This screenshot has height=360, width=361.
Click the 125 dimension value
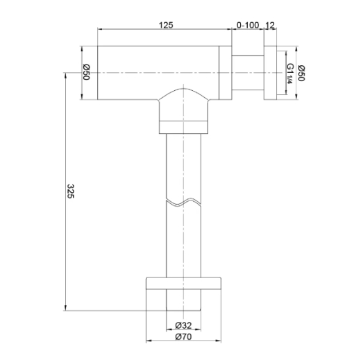[x=166, y=25]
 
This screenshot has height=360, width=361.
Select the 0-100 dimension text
[x=248, y=25]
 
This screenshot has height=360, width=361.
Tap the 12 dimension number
[x=270, y=25]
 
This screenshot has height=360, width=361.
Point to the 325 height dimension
[x=70, y=191]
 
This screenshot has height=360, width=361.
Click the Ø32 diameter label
[x=183, y=325]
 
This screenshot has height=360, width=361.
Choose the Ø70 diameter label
[x=183, y=336]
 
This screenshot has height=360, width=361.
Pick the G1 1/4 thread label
[x=289, y=74]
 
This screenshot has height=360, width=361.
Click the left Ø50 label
[x=86, y=72]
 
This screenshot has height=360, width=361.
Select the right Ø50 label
[x=301, y=73]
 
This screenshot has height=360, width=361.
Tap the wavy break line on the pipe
[x=183, y=202]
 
